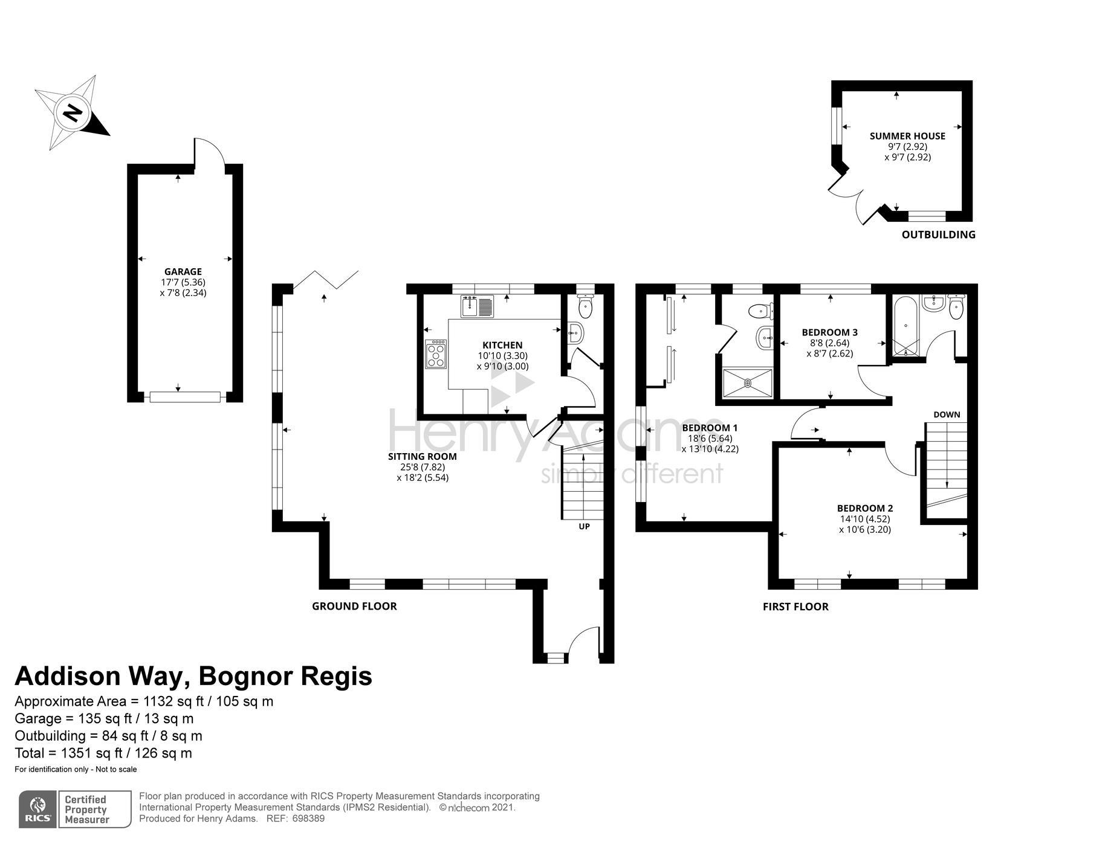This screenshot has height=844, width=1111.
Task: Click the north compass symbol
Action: tap(72, 113)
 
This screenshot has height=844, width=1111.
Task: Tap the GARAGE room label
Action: tap(183, 272)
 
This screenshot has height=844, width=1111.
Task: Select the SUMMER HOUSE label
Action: tap(907, 136)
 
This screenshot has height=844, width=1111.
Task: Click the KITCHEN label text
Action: tap(502, 346)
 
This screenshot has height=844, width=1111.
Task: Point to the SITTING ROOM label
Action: tap(423, 457)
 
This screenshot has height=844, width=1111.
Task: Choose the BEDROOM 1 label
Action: tap(710, 428)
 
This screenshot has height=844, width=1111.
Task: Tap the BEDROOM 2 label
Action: tap(865, 509)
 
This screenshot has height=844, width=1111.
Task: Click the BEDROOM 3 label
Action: tap(830, 332)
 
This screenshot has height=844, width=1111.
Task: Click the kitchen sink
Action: tap(478, 306)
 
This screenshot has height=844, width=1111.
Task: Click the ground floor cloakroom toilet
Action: tap(585, 307)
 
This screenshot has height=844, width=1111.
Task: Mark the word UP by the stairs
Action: tap(584, 527)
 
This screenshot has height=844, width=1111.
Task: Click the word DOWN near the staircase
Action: tap(947, 414)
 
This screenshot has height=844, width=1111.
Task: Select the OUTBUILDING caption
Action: tap(938, 234)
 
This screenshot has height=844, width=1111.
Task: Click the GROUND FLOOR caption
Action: tap(354, 606)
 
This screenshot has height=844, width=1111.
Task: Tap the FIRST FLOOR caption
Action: tap(795, 607)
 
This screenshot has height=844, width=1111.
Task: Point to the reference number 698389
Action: tap(308, 819)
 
